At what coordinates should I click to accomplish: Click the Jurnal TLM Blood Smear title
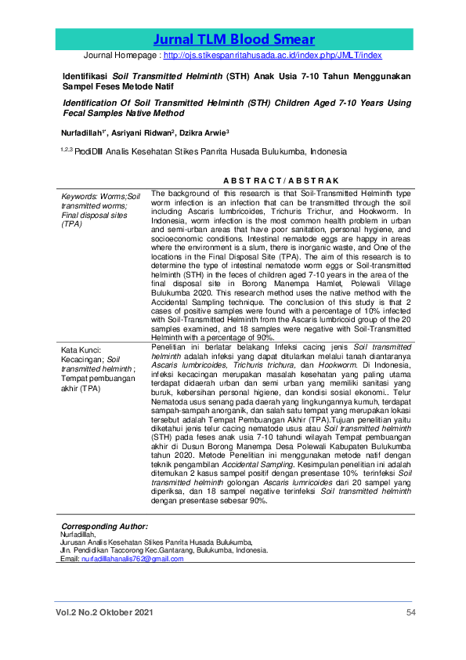tap(234, 40)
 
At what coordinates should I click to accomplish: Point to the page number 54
tap(410, 612)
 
